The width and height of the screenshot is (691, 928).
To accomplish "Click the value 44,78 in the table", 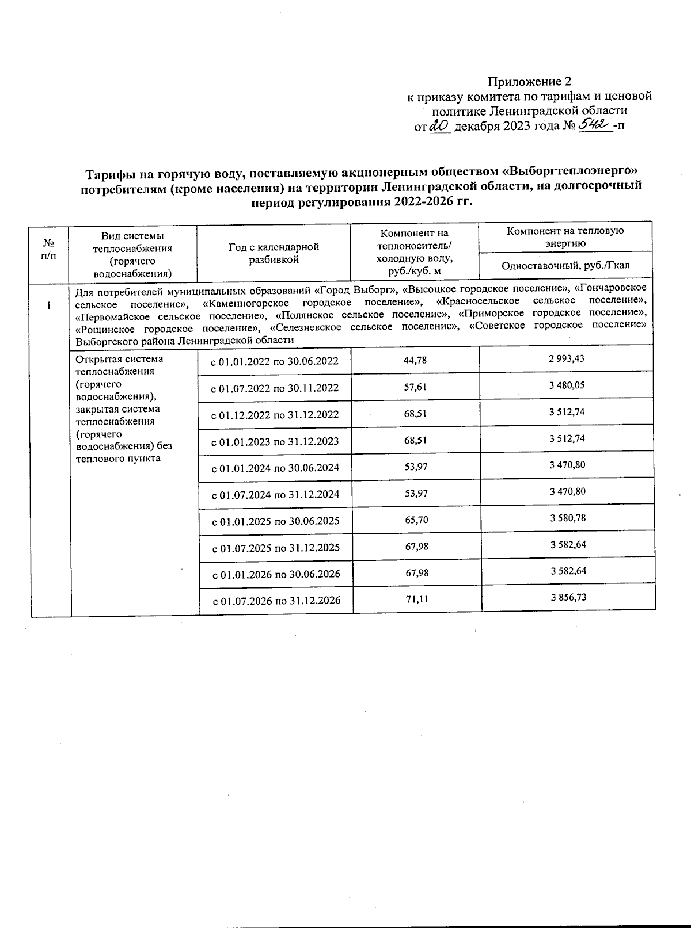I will coord(415,360).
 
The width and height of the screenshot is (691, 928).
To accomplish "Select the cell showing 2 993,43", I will coord(567,358).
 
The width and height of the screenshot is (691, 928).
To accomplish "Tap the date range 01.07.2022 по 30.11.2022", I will coord(275,388).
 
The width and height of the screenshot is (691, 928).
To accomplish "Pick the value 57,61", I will coord(415,387).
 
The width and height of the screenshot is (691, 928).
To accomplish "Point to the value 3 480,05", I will coord(567,385).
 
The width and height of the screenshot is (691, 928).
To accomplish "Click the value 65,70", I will coord(416,520).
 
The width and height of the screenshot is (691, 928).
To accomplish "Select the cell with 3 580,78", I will coord(568,518).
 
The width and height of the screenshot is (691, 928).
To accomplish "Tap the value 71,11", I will coord(416,599).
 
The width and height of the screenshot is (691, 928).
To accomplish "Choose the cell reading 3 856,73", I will coord(568,597).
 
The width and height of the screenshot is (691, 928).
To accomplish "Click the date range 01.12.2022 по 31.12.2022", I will coord(275,415).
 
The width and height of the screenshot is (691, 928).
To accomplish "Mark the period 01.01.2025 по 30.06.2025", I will coord(276,521).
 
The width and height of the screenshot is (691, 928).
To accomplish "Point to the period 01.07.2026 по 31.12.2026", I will coord(276,601).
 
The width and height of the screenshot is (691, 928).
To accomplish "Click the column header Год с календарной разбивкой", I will coord(274,253).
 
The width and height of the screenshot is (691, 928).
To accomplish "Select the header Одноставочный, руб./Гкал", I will coord(565,266).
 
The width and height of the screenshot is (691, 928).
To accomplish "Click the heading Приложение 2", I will coord(530,81).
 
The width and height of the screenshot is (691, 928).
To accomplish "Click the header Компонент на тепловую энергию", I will coord(565,236).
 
